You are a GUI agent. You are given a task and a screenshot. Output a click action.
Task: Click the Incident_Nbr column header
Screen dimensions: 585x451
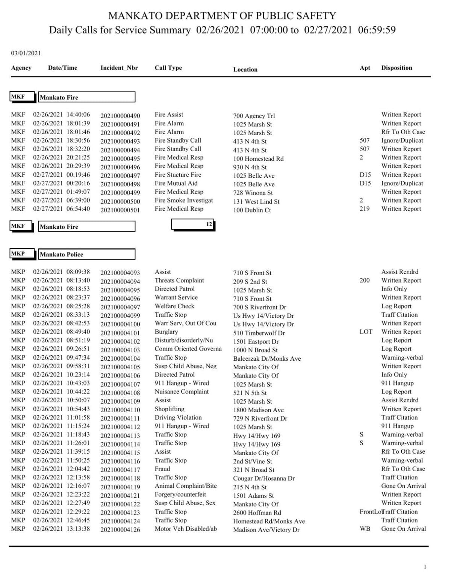pos(119,68)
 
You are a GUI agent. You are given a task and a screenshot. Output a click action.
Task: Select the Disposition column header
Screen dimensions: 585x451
pos(397,68)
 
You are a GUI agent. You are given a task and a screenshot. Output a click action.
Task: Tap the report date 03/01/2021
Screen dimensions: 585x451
pos(26,53)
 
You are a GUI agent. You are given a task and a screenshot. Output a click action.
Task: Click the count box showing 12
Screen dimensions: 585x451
pos(193,224)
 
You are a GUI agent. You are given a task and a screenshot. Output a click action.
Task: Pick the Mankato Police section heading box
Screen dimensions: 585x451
pos(86,254)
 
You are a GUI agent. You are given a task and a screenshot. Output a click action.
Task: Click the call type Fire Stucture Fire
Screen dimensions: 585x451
pos(178,175)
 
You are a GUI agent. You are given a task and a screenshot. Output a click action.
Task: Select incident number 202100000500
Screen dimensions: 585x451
pos(120,201)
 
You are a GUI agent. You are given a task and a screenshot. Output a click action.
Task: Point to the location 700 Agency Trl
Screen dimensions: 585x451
pos(254,116)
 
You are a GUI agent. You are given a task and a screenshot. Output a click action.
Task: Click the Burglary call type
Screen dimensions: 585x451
pos(166,332)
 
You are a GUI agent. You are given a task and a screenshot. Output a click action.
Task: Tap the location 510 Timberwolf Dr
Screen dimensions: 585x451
pos(259,333)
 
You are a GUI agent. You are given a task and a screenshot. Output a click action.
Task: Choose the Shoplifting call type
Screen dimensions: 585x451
pos(170,409)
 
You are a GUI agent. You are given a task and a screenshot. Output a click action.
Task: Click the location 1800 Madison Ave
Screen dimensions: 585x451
pos(258,410)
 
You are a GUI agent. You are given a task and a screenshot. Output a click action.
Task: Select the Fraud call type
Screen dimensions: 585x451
pos(162,469)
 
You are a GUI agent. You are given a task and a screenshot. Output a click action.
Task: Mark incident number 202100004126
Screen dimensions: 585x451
pos(120,530)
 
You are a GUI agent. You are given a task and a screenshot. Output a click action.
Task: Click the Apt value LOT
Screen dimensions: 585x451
pos(366,332)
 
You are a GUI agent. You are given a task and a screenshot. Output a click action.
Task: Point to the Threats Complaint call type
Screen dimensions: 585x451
pos(179,280)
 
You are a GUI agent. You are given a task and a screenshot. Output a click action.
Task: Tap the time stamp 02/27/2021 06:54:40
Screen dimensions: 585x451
pos(61,209)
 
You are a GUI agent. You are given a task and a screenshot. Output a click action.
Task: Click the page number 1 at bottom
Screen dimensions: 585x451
pos(425,567)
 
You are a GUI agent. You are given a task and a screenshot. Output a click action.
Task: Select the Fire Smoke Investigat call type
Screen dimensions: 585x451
pos(184,200)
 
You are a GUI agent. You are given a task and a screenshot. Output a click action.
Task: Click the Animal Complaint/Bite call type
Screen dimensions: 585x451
pos(186,486)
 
